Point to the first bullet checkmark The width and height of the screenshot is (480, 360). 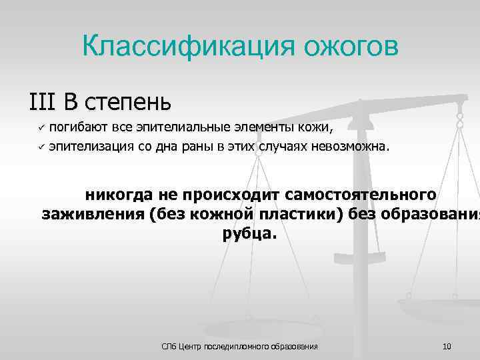(x=40, y=127)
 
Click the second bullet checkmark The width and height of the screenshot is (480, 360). (x=40, y=147)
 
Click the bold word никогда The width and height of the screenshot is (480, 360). (x=119, y=195)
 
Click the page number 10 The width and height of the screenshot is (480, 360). (x=447, y=346)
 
